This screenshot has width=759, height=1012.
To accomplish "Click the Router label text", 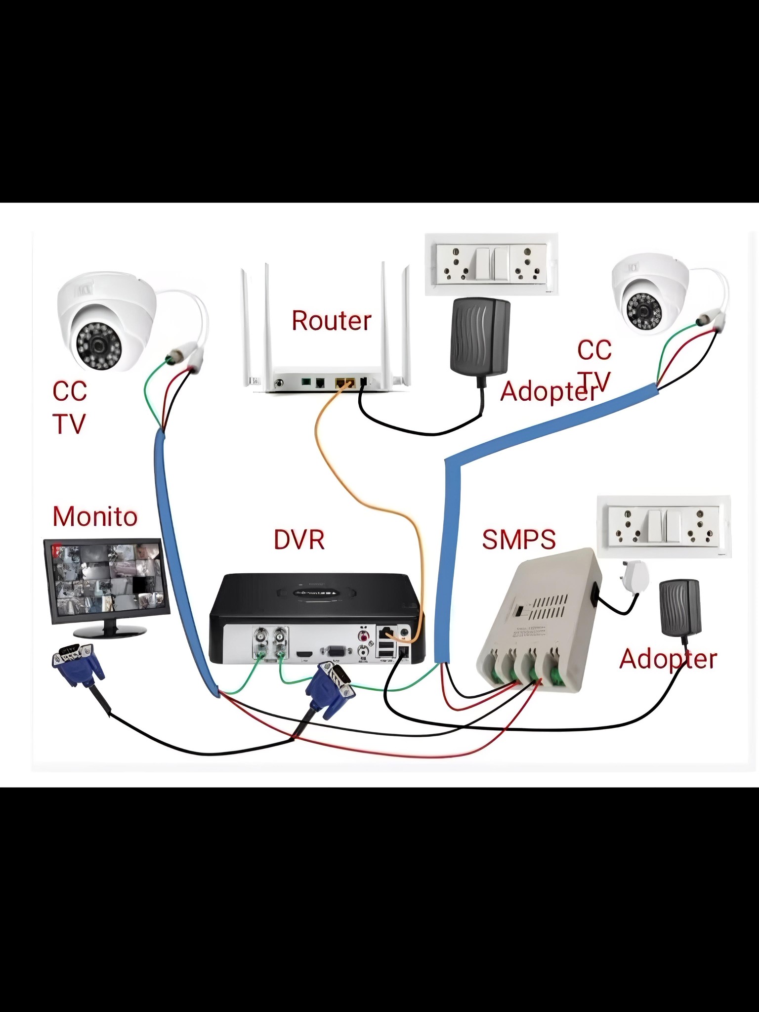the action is [331, 321].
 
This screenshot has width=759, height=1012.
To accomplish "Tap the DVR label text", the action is [299, 540].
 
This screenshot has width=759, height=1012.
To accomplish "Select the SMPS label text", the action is [518, 539].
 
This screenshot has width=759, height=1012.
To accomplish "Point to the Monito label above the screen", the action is [95, 516].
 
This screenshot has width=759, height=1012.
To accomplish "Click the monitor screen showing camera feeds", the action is [106, 578].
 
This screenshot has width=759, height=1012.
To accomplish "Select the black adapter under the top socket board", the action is [479, 336].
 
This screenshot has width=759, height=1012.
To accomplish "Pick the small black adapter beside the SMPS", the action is [680, 607].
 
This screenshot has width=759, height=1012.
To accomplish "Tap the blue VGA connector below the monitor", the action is [78, 665].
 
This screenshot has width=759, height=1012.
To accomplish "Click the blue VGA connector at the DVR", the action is [330, 690].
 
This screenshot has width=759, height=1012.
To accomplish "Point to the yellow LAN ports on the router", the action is [345, 382].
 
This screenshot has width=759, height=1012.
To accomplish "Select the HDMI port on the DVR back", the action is [303, 654].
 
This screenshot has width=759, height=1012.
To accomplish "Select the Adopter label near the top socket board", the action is [548, 392].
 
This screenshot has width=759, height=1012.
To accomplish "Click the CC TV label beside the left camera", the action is [70, 408].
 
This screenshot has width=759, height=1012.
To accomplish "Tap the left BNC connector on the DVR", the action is [260, 641].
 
